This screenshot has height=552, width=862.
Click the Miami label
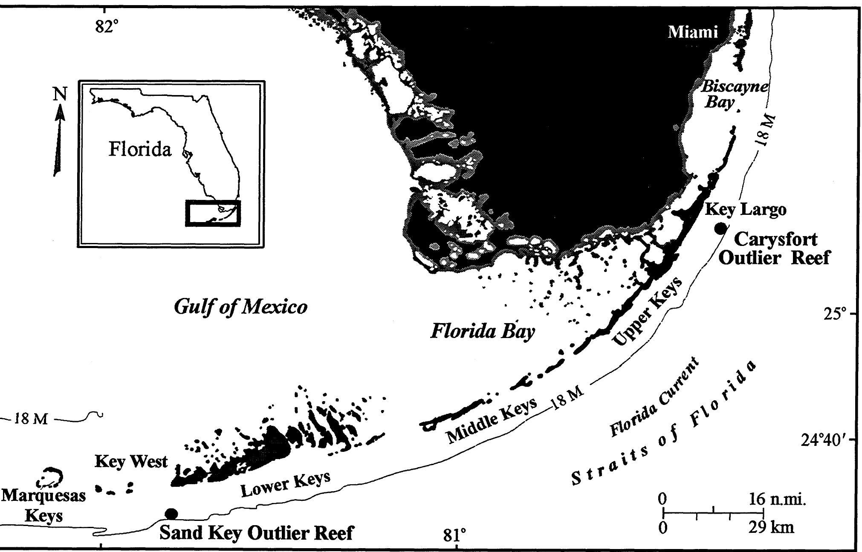click(693, 32)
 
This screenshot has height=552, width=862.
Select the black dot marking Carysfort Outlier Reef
click(720, 228)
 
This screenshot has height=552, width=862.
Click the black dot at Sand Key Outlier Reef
click(171, 513)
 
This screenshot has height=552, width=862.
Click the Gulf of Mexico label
click(240, 307)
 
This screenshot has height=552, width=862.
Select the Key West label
click(131, 462)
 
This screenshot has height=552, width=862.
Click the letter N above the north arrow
click(60, 94)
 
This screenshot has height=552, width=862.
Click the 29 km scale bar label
click(771, 528)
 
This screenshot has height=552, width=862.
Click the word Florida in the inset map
click(140, 150)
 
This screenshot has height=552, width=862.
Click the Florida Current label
click(654, 398)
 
